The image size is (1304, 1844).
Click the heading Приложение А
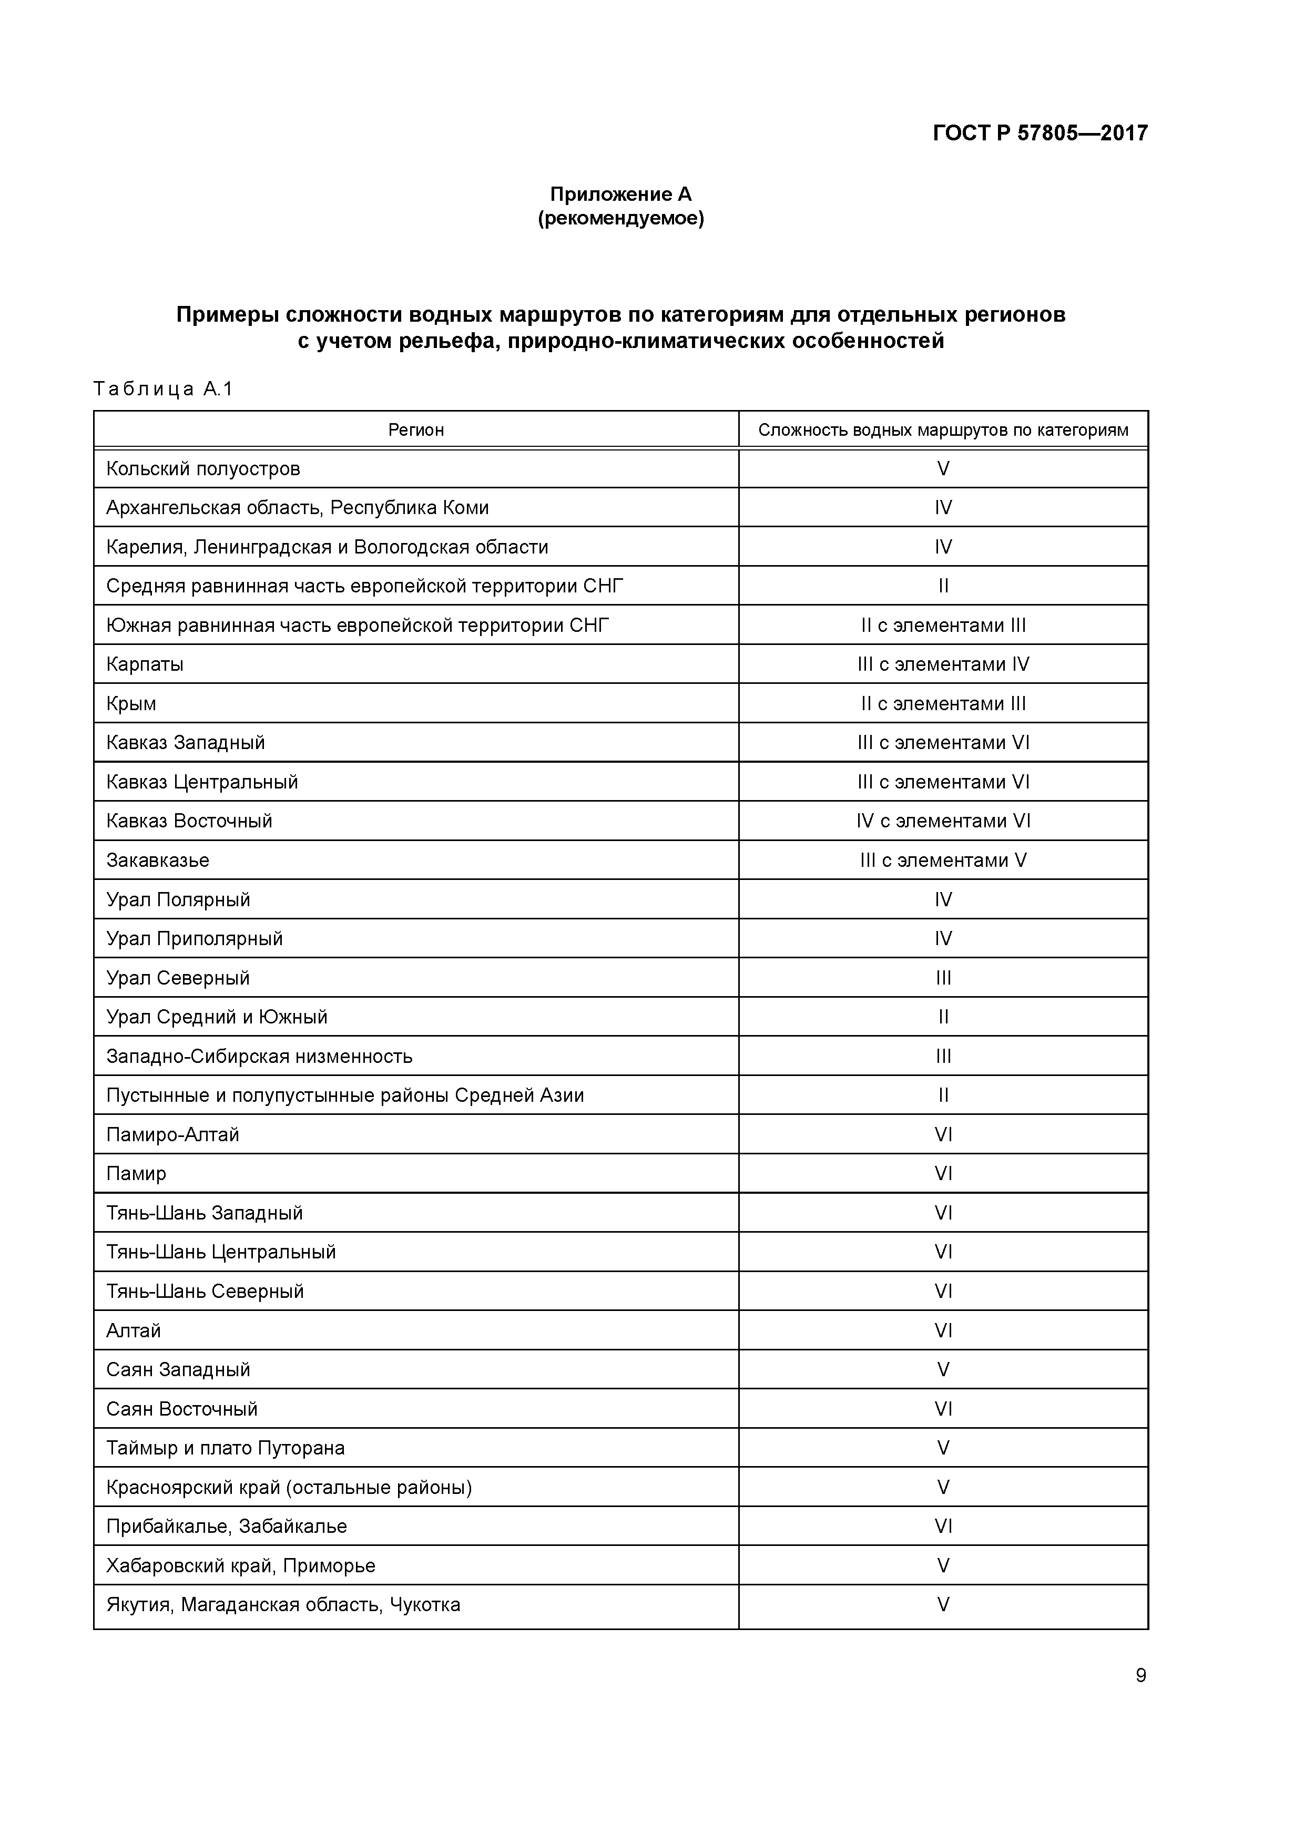tap(620, 194)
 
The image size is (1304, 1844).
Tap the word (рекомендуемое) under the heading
tap(620, 219)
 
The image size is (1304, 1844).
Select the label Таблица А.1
tap(163, 390)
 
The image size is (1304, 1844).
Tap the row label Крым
tap(131, 703)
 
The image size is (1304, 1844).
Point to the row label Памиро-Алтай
tap(173, 1135)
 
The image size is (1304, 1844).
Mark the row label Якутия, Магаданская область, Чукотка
tap(283, 1605)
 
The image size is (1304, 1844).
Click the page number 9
tap(1140, 1675)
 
